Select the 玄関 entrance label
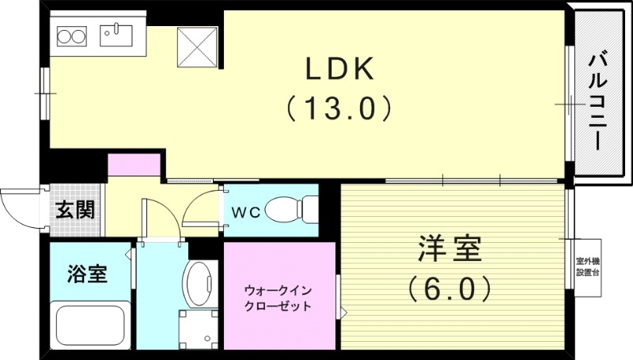(74, 210)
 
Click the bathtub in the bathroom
(89, 326)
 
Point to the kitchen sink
(119, 35)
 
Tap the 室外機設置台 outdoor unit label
(587, 267)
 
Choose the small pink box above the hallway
(135, 165)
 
